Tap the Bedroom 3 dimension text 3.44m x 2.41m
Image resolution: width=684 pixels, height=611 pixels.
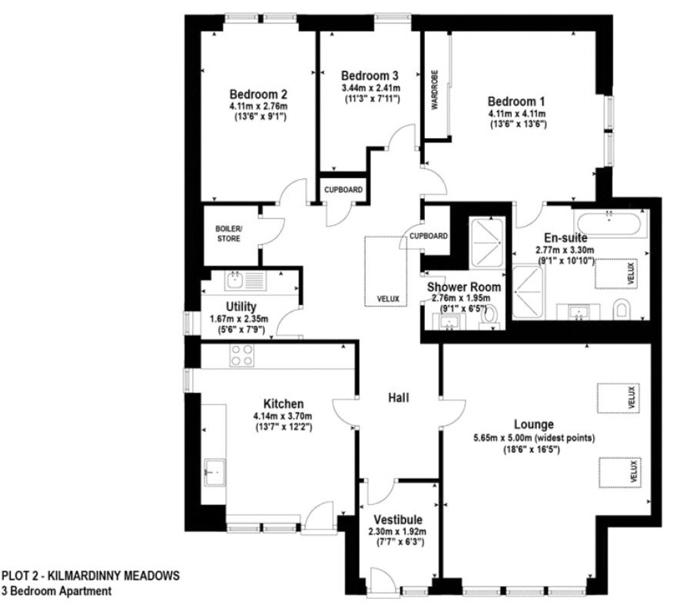click(x=370, y=87)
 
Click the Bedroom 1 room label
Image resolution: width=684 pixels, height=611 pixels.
click(x=516, y=101)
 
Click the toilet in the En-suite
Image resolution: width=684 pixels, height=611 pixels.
click(x=622, y=309)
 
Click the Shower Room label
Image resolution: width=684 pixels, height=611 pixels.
click(x=464, y=287)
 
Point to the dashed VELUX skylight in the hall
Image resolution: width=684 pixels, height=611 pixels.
click(x=388, y=270)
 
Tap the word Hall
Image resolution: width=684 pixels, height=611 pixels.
click(x=399, y=398)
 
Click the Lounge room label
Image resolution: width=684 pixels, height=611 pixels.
click(x=533, y=425)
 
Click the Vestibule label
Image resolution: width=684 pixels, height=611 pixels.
click(x=397, y=520)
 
